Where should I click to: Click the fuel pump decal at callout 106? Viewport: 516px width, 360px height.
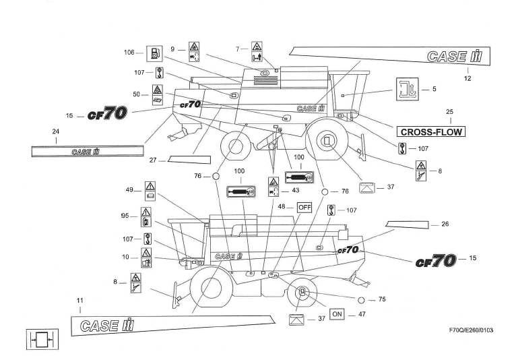[x=154, y=53]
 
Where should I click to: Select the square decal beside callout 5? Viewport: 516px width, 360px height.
[x=405, y=89]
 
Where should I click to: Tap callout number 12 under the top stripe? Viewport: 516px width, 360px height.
[x=467, y=79]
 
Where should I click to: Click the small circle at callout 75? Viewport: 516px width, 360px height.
[x=362, y=299]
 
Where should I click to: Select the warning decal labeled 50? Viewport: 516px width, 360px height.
[x=156, y=95]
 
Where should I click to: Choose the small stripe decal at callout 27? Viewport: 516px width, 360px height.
[x=189, y=160]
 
